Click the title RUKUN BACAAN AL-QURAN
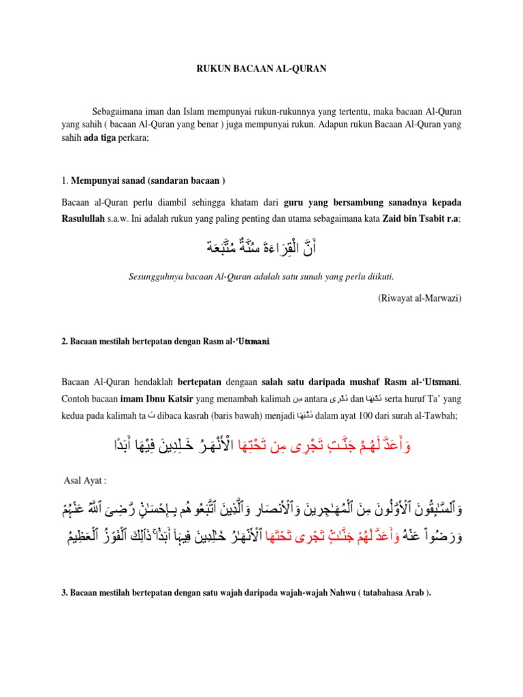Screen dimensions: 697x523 (x=261, y=68)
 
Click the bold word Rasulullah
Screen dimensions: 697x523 (x=86, y=218)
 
